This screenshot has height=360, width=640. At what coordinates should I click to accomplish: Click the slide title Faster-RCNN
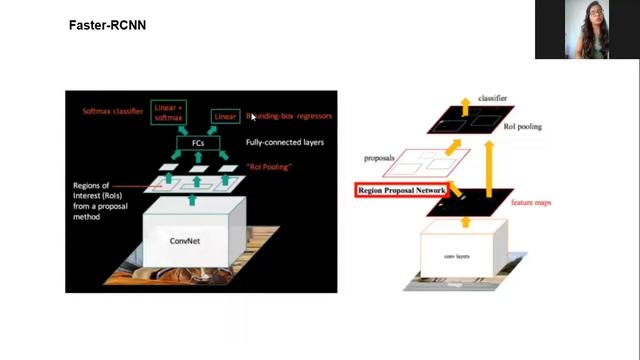click(107, 24)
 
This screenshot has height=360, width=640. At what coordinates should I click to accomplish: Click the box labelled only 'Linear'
click(225, 116)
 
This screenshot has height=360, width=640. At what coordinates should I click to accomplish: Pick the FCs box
click(197, 144)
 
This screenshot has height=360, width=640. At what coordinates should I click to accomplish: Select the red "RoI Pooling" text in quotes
click(267, 166)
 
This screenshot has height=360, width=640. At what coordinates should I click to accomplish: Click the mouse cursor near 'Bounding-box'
click(252, 117)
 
